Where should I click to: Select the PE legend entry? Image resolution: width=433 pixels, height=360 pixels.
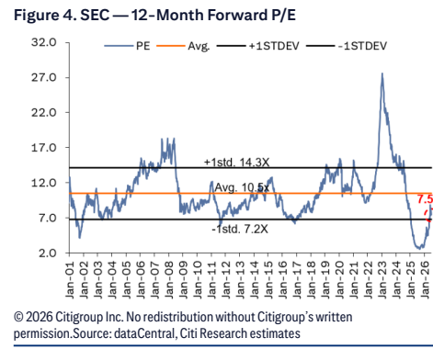(x=127, y=46)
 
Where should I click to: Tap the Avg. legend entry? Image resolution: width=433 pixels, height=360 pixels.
(x=183, y=46)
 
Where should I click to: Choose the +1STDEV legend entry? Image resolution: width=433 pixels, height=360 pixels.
(x=257, y=46)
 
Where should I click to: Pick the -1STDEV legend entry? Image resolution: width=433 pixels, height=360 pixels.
(x=347, y=46)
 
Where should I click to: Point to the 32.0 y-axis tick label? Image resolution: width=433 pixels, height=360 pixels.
(x=44, y=42)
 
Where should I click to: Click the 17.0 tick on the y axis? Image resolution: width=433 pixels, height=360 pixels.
(x=44, y=148)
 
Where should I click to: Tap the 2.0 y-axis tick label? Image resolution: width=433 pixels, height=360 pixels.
(x=48, y=253)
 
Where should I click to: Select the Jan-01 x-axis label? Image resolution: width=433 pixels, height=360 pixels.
(x=70, y=279)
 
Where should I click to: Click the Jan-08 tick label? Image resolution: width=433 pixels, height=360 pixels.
(x=169, y=279)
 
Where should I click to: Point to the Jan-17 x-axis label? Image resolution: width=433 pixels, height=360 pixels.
(x=297, y=279)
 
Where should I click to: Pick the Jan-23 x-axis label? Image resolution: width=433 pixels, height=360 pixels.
(x=382, y=279)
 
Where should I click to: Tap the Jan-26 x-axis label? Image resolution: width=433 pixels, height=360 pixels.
(x=425, y=279)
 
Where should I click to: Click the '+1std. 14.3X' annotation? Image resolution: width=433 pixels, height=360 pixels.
(x=237, y=163)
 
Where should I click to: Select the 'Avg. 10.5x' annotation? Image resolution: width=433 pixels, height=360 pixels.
(x=242, y=187)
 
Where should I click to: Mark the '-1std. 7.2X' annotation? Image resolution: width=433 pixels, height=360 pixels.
(x=240, y=229)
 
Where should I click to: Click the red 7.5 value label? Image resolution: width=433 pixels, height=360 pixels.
(x=425, y=199)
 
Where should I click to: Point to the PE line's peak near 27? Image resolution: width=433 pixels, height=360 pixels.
(x=382, y=73)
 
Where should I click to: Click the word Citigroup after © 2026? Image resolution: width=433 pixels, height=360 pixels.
(x=79, y=317)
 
